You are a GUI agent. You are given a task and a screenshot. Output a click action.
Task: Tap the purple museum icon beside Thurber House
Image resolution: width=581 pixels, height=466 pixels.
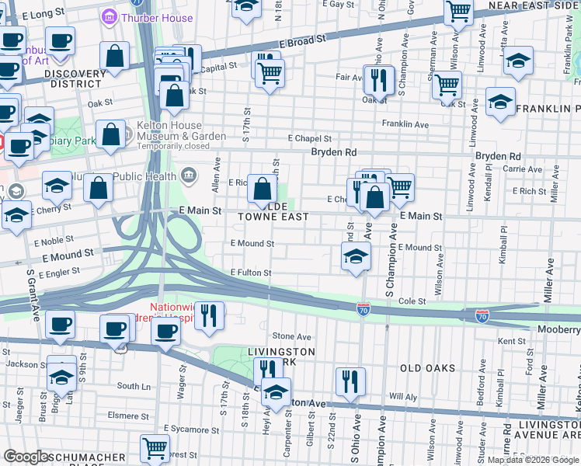[110, 16]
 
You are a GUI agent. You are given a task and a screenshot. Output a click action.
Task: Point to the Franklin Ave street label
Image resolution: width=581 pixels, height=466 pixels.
[405, 124]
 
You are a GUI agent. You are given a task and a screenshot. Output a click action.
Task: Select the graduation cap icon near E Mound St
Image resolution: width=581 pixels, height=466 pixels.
[355, 256]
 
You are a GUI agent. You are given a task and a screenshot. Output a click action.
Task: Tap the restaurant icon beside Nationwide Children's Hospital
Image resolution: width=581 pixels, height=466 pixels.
[208, 315]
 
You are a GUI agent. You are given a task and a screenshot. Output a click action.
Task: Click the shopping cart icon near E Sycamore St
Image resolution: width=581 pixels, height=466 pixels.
[155, 447]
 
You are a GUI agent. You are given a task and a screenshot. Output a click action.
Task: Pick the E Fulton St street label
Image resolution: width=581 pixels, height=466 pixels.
[251, 273]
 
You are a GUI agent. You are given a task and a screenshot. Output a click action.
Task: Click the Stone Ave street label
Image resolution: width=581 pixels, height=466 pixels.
[291, 336]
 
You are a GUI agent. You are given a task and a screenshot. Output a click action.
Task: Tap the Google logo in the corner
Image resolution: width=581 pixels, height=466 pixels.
[26, 457]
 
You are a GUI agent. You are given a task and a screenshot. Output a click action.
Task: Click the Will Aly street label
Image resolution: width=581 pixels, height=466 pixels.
[403, 396]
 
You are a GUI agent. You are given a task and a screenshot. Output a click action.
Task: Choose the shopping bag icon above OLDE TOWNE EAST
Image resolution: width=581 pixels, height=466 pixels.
[263, 188]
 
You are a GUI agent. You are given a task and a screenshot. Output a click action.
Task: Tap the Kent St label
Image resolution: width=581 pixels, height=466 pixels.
[511, 341]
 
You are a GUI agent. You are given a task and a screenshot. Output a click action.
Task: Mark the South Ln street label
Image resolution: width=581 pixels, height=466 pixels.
[134, 386]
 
